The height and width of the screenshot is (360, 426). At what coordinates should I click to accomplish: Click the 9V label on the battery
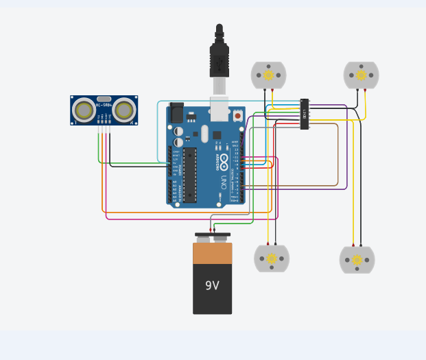212,285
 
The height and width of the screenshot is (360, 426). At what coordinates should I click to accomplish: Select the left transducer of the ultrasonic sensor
84,110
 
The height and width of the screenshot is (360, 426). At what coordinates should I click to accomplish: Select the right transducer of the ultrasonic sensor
124,110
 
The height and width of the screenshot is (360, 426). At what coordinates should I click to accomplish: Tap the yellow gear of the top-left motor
268,75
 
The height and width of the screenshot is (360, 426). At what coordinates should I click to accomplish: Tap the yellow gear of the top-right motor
361,75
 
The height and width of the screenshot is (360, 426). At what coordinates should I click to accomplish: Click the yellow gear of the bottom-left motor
272,259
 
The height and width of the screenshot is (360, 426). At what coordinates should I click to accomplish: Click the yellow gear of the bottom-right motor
357,260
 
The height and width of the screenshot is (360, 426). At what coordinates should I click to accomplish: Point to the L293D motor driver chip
305,114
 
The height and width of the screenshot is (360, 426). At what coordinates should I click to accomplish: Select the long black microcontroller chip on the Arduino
189,175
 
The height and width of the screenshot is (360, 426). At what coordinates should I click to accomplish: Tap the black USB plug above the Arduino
219,59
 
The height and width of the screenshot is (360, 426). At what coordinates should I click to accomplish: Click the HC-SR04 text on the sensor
104,105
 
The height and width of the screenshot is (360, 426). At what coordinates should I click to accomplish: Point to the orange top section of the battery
212,253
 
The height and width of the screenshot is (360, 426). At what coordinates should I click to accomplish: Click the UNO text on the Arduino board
224,182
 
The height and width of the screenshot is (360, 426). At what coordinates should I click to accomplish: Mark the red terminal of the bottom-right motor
353,245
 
